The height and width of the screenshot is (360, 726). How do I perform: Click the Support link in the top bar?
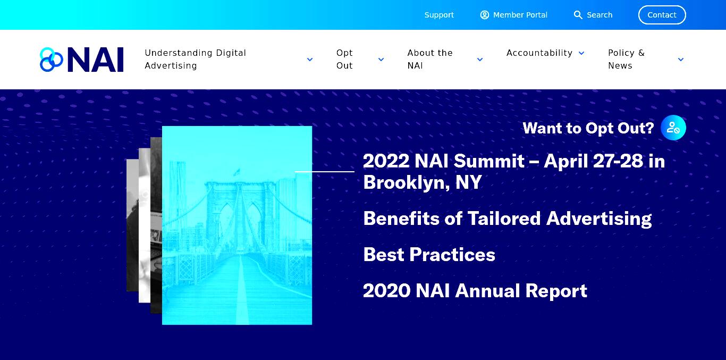click(439, 15)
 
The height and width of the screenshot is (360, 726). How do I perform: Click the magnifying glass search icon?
click(578, 15)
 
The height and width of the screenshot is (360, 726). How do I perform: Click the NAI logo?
click(81, 60)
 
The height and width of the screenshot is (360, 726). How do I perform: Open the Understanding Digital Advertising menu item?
click(195, 59)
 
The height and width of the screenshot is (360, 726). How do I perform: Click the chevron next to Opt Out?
click(381, 60)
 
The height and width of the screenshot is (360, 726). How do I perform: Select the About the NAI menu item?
click(430, 59)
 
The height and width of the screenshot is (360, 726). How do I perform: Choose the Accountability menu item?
click(539, 53)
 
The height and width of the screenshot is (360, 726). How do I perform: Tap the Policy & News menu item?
click(626, 59)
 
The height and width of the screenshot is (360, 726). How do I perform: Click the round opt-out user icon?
click(673, 128)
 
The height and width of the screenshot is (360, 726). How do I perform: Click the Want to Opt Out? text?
click(588, 128)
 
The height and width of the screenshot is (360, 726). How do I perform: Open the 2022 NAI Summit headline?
click(514, 171)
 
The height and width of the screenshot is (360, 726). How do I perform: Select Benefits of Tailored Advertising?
click(507, 218)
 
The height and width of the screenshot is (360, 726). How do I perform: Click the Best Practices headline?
click(429, 254)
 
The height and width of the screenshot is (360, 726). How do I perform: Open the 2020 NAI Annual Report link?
click(475, 290)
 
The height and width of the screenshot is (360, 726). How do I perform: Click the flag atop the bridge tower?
click(237, 172)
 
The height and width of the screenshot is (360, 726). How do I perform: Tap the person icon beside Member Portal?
click(485, 15)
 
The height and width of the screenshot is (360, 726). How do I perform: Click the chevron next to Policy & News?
click(681, 60)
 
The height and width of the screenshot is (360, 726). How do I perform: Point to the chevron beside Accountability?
click(581, 53)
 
